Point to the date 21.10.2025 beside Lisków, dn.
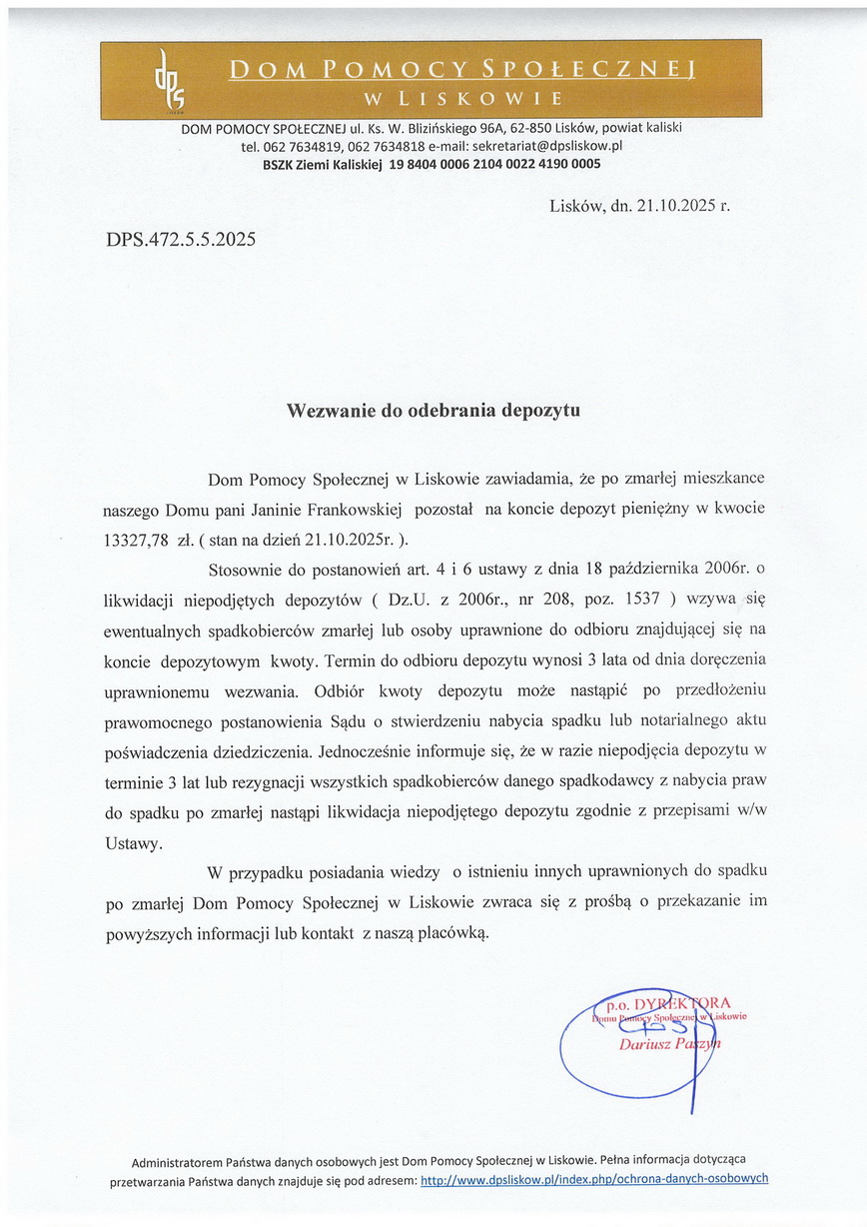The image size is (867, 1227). [668, 206]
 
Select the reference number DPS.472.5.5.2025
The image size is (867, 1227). [181, 239]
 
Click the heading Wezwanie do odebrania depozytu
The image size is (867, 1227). [433, 410]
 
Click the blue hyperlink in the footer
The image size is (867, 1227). [594, 1179]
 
